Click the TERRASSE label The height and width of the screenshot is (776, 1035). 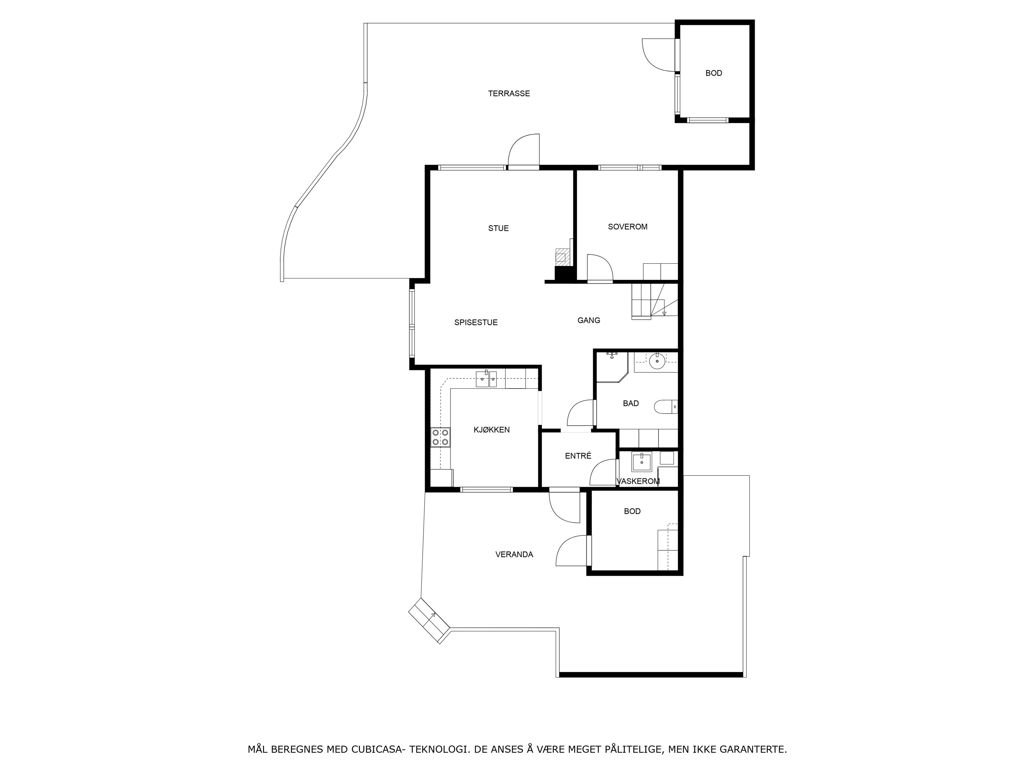pyautogui.click(x=509, y=93)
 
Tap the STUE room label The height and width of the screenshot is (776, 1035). pyautogui.click(x=498, y=228)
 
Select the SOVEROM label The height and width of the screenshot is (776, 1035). pyautogui.click(x=627, y=227)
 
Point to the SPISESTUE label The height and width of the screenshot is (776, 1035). pyautogui.click(x=476, y=322)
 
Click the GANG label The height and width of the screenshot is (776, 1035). pyautogui.click(x=589, y=320)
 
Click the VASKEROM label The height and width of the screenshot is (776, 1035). pyautogui.click(x=638, y=481)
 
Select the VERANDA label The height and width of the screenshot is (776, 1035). pyautogui.click(x=514, y=555)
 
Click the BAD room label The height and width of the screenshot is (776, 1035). pyautogui.click(x=631, y=404)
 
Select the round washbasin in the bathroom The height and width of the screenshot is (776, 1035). pyautogui.click(x=657, y=361)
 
